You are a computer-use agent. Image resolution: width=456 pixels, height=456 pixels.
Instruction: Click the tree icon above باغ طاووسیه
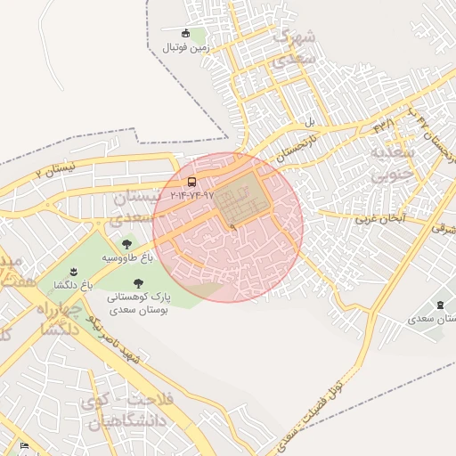coord(126,242)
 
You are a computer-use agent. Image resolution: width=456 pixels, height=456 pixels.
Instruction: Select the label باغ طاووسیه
coord(127,256)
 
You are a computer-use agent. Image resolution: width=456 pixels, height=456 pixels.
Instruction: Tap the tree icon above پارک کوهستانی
coord(136,282)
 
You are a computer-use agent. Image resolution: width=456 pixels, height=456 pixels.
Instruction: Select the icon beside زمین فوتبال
coord(185,34)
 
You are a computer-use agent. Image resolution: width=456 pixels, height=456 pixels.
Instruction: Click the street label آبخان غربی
coord(380,217)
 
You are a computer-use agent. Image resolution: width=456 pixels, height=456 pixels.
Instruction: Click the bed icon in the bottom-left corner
coord(24,445)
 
